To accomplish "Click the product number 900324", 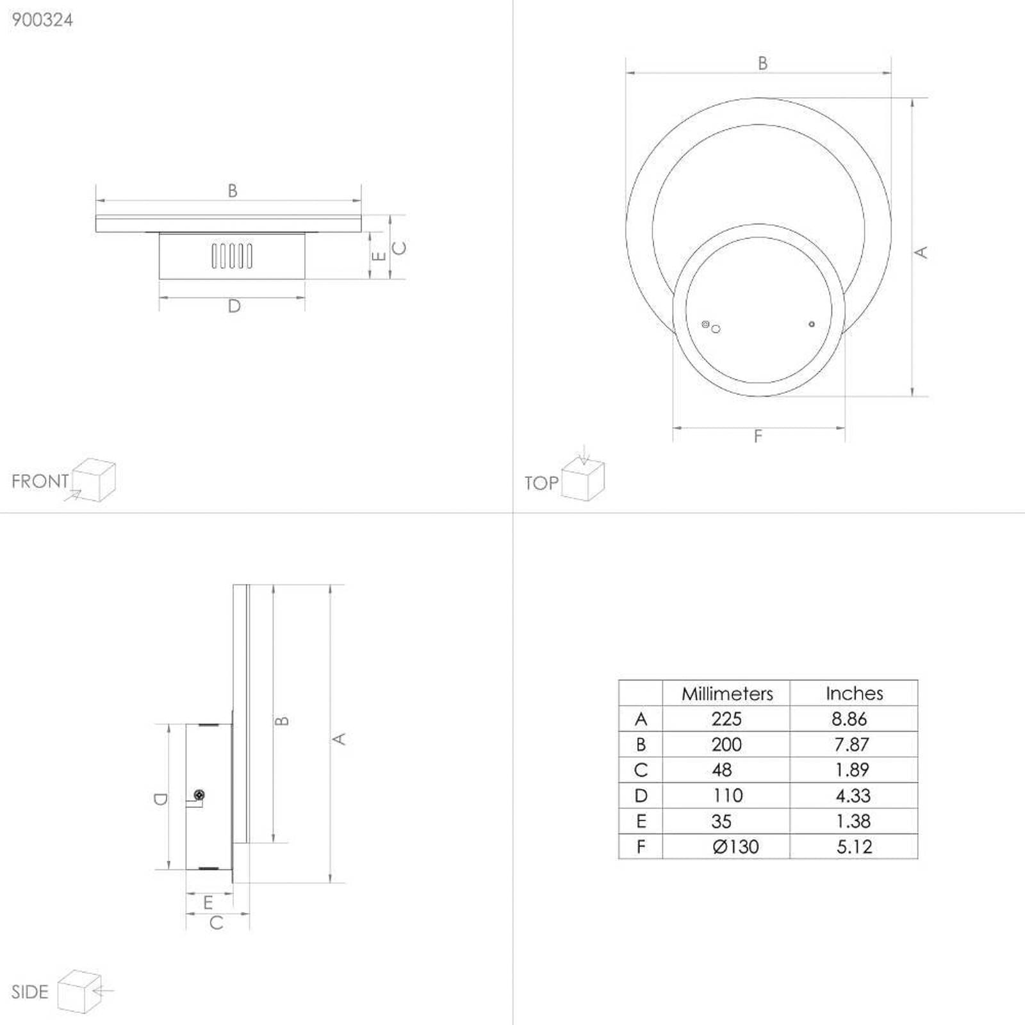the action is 42,20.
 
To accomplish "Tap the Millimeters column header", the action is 727,694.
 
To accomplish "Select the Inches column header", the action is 854,693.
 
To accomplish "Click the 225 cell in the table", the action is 726,719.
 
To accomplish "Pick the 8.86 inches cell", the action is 849,719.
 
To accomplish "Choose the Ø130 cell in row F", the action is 735,847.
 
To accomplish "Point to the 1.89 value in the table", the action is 852,770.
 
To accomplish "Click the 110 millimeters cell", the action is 728,796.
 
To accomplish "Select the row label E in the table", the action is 641,821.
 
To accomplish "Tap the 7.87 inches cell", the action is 851,744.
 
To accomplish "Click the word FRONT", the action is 40,481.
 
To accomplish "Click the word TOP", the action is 541,483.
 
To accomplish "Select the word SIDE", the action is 29,992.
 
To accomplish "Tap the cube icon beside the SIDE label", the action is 80,992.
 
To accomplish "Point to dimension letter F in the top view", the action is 758,436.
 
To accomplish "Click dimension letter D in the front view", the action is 234,306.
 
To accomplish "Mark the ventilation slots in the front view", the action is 232,256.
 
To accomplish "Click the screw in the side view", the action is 199,795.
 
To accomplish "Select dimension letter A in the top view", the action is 921,252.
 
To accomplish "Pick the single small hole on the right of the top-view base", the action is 812,324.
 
